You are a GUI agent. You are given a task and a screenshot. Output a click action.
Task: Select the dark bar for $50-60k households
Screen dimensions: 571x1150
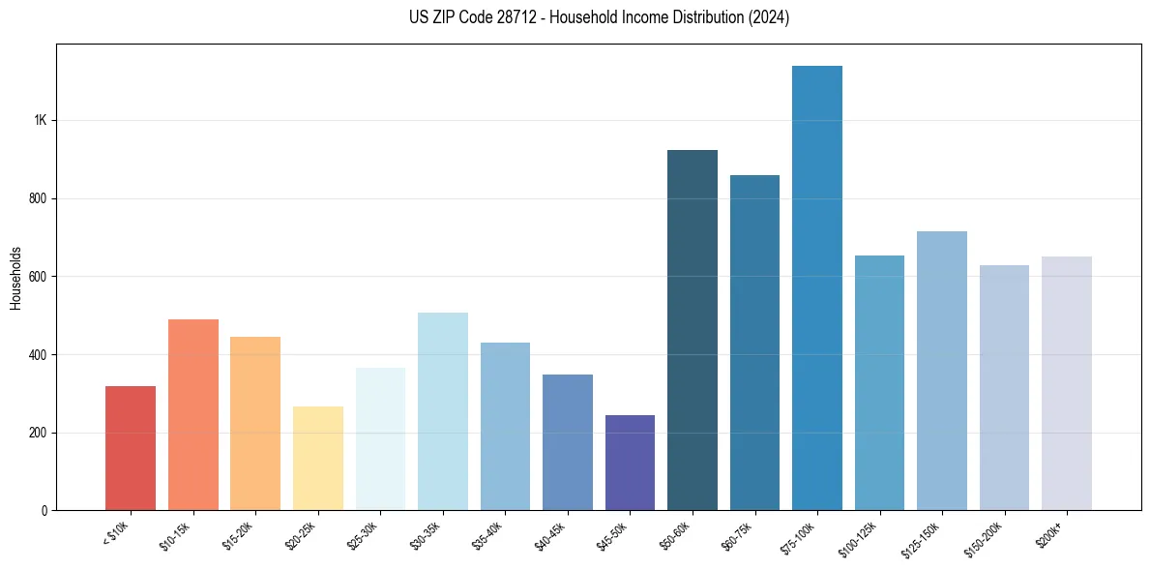[x=693, y=330]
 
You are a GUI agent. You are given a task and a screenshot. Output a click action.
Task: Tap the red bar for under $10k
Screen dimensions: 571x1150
[x=131, y=448]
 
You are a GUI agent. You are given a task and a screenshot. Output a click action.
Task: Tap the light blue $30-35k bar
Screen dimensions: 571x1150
[x=443, y=411]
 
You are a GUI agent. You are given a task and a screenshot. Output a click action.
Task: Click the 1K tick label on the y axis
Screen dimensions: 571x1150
[x=41, y=121]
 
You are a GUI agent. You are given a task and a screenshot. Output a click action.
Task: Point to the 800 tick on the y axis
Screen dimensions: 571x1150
[x=38, y=198]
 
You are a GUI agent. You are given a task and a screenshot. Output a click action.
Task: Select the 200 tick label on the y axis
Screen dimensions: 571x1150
[x=38, y=433]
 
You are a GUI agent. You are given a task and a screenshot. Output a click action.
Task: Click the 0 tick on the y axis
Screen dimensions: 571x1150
[x=44, y=510]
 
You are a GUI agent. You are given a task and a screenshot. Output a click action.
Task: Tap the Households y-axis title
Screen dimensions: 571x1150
[x=15, y=277]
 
